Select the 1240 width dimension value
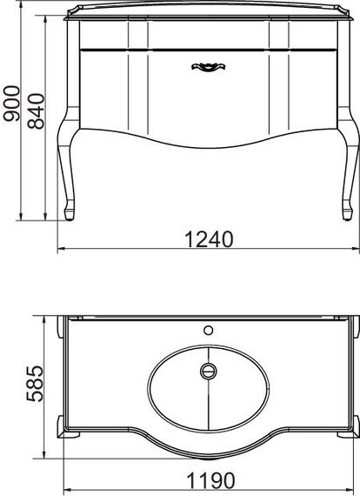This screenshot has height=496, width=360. point(209,238)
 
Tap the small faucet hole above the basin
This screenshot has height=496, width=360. point(208,330)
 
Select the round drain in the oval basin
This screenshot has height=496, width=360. point(208,372)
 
